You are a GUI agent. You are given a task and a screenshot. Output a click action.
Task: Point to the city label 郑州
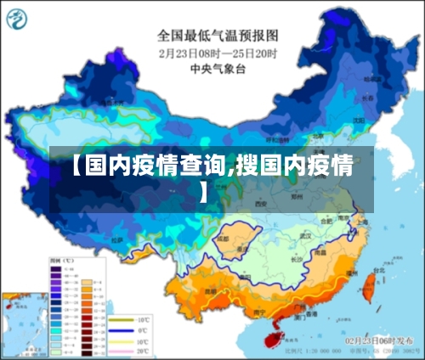coord(297,195)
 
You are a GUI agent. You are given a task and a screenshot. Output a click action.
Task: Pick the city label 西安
coord(261,205)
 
